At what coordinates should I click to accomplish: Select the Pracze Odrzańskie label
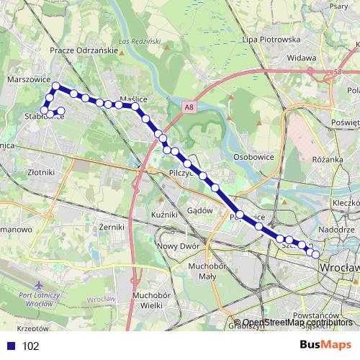click(x=84, y=50)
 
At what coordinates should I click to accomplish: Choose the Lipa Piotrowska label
click(x=271, y=39)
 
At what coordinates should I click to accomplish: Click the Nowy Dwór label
click(x=176, y=246)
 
